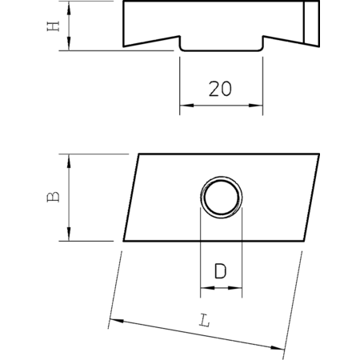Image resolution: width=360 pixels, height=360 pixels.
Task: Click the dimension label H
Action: pyautogui.click(x=53, y=26)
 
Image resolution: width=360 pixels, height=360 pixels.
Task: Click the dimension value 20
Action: pyautogui.click(x=220, y=89)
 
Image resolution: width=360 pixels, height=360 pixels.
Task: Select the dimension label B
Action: pyautogui.click(x=53, y=197)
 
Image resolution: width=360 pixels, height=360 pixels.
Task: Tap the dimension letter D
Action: pyautogui.click(x=221, y=271)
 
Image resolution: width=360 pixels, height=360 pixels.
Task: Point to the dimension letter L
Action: pyautogui.click(x=205, y=321)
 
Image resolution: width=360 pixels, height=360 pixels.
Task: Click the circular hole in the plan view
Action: pyautogui.click(x=222, y=198)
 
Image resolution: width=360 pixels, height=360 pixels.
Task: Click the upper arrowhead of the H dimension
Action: pyautogui.click(x=69, y=8)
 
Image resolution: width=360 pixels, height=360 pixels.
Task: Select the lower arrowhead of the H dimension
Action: pyautogui.click(x=69, y=44)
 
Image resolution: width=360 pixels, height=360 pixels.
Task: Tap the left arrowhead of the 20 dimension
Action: pyautogui.click(x=186, y=106)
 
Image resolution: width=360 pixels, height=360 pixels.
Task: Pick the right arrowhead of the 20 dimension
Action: pyautogui.click(x=256, y=106)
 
